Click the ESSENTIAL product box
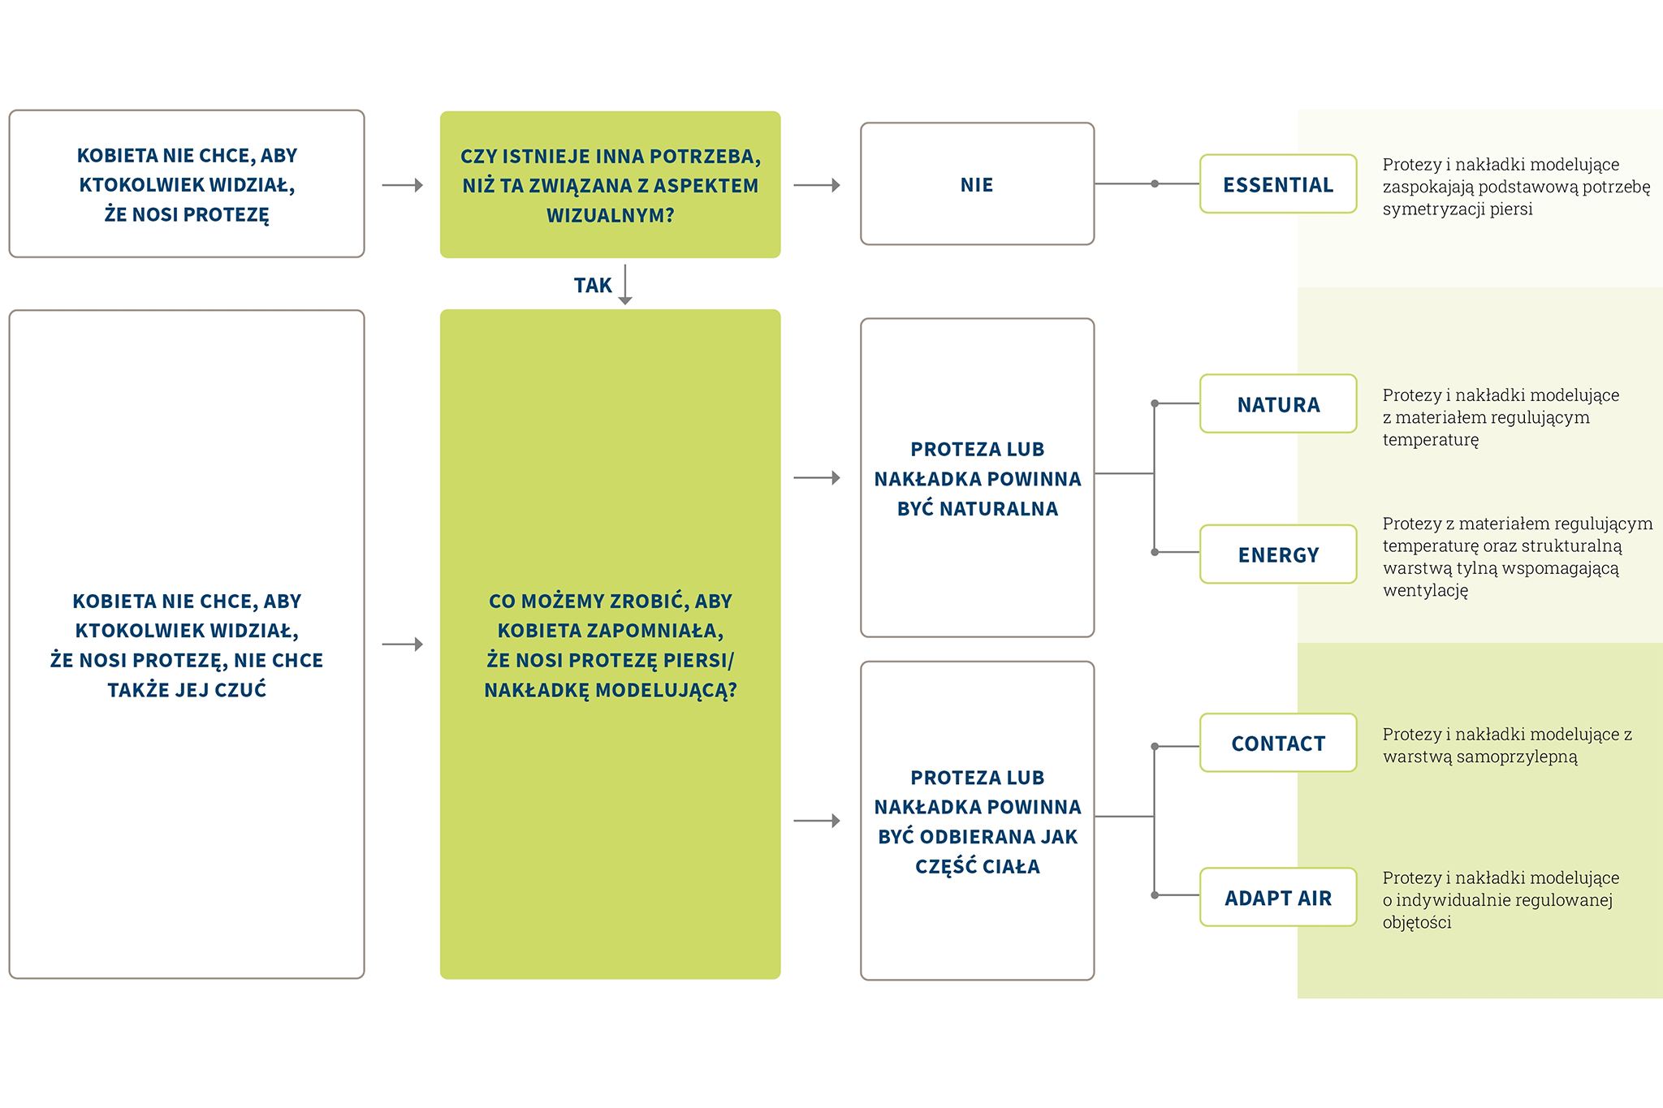coord(1277,184)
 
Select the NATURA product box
coord(1277,403)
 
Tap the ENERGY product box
coord(1277,554)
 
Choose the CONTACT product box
coord(1277,743)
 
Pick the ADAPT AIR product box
coord(1277,897)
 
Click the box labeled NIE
coord(977,184)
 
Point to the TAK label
coord(593,285)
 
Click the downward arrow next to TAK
coord(624,285)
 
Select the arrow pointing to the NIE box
coord(817,185)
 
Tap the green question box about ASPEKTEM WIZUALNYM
coord(610,184)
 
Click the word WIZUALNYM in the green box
coord(610,216)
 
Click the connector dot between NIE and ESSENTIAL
coord(1155,183)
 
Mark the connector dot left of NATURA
coord(1155,403)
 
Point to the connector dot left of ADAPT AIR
coord(1155,895)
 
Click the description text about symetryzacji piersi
coord(1515,187)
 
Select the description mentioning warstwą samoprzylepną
coord(1506,745)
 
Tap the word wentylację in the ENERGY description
coord(1425,590)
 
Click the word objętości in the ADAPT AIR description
coord(1416,922)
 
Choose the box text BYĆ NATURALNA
coord(977,509)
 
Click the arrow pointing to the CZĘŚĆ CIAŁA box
coord(817,821)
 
